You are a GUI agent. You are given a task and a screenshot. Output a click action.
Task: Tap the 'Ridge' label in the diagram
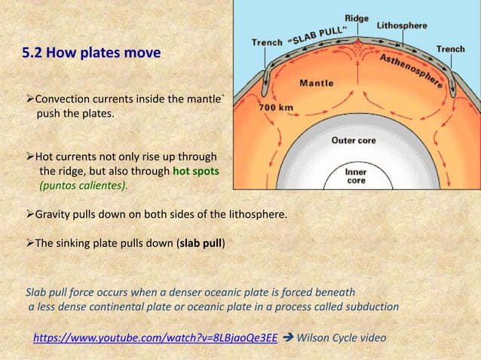(357, 18)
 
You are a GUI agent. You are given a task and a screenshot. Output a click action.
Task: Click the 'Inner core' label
(355, 175)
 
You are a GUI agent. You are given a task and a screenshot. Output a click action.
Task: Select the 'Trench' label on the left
(267, 41)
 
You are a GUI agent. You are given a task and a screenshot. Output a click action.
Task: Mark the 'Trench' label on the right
(450, 49)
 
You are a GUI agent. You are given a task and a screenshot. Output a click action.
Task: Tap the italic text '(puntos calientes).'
(84, 185)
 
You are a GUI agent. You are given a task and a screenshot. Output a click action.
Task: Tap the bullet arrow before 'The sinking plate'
(31, 243)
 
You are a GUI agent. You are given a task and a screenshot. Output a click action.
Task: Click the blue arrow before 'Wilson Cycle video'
(288, 338)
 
